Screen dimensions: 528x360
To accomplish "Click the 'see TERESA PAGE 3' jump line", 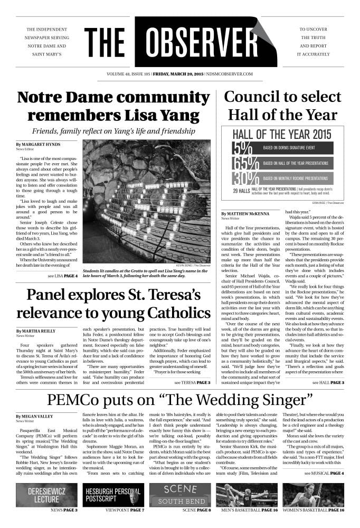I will point(192,382).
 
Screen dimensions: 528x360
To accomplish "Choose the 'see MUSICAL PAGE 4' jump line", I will point(324,487).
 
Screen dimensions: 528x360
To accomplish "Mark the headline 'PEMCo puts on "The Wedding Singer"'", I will point(179,400).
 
